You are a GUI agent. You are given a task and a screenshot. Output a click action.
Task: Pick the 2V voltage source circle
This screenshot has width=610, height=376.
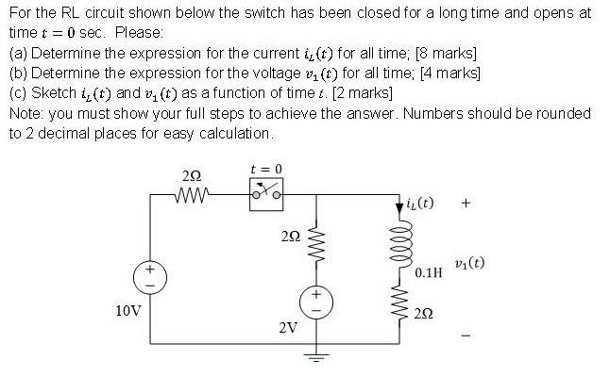315,300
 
